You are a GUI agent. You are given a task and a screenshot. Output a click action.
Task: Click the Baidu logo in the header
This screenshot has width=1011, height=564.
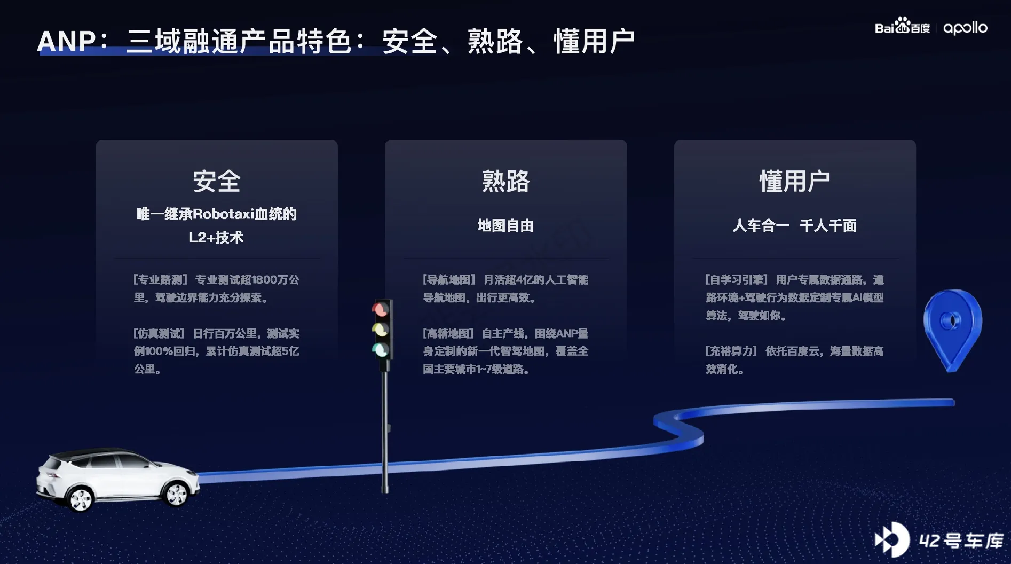click(902, 26)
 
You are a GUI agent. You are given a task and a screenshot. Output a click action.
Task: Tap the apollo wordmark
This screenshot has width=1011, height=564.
click(965, 28)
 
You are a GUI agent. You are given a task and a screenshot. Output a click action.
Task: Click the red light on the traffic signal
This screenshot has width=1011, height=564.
click(380, 309)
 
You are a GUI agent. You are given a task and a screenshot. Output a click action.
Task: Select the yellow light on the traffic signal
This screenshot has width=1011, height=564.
click(380, 329)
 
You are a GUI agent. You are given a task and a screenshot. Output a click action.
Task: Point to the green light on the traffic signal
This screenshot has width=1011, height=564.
click(380, 350)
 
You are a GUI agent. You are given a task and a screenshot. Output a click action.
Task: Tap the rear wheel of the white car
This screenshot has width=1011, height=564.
click(81, 499)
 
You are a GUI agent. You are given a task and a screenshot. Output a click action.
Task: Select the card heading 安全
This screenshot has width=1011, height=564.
click(217, 181)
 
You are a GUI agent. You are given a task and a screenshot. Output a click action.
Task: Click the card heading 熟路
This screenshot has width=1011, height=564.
click(505, 181)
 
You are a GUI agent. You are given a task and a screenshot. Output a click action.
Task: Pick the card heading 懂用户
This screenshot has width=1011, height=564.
click(794, 181)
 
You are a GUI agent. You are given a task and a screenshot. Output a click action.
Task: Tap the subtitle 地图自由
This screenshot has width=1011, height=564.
click(505, 225)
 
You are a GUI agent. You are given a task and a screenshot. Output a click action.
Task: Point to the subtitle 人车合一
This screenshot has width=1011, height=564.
click(761, 225)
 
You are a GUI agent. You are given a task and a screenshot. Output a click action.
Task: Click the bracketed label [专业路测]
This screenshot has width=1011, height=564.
click(160, 280)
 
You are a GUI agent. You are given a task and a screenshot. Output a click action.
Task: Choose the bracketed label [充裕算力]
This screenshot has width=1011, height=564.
click(731, 351)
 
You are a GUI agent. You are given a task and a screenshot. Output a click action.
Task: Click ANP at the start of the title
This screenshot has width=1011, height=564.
click(66, 41)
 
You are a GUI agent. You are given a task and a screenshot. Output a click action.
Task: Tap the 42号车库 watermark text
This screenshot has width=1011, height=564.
click(961, 540)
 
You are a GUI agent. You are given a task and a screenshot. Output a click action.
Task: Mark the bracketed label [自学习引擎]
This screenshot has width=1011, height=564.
click(737, 280)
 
